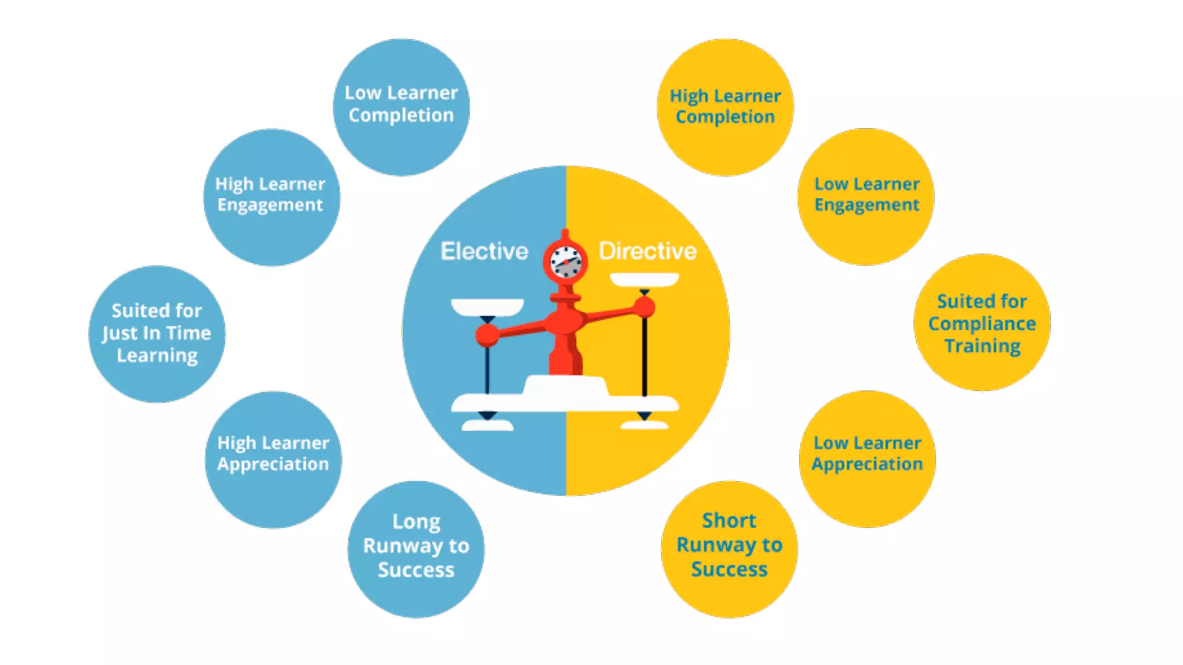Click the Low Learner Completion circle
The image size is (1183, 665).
click(401, 107)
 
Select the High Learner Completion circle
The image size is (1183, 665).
click(726, 107)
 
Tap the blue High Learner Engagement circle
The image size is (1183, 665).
click(271, 197)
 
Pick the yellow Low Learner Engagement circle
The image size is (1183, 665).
click(866, 197)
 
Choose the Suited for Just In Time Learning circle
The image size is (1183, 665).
click(157, 334)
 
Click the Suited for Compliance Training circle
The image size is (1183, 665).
click(982, 322)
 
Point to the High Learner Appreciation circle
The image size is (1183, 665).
click(273, 459)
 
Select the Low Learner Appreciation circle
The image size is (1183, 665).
click(868, 459)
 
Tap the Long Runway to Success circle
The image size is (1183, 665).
click(416, 549)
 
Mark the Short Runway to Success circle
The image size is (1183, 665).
click(730, 549)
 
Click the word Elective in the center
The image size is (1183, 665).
click(484, 251)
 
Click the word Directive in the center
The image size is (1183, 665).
click(648, 251)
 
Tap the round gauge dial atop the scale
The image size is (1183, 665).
click(565, 262)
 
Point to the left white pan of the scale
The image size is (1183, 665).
click(487, 307)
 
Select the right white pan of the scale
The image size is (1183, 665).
click(645, 280)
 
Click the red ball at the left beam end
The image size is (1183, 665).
click(487, 335)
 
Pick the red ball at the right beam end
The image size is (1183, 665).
click(645, 307)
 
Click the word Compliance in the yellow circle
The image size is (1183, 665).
click(982, 323)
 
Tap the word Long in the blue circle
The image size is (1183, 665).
click(416, 521)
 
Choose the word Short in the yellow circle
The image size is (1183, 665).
click(729, 520)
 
